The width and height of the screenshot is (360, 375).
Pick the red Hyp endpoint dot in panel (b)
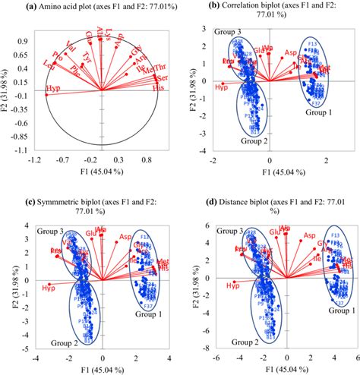point(223,84)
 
